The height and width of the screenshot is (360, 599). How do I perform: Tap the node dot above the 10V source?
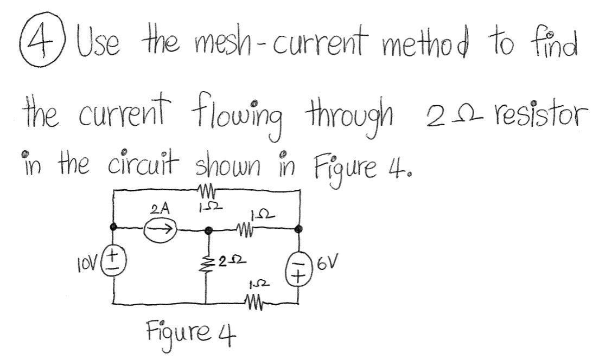pyautogui.click(x=114, y=227)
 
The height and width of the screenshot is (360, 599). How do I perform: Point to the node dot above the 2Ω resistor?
pyautogui.click(x=206, y=231)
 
